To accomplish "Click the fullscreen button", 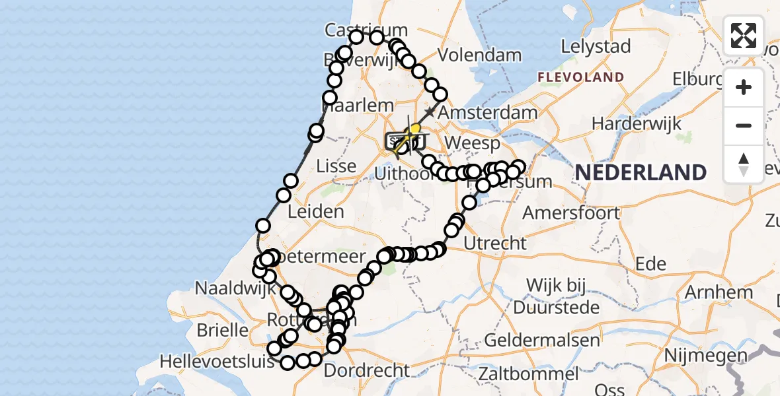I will pyautogui.click(x=744, y=36).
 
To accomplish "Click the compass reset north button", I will pyautogui.click(x=744, y=164).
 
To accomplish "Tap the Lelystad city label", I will pyautogui.click(x=596, y=47).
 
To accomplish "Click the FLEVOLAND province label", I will pyautogui.click(x=580, y=77).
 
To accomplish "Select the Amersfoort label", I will pyautogui.click(x=571, y=213).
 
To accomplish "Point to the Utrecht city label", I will pyautogui.click(x=495, y=243).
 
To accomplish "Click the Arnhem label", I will pyautogui.click(x=719, y=292).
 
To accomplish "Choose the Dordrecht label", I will pyautogui.click(x=367, y=370).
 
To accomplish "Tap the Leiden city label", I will pyautogui.click(x=315, y=212).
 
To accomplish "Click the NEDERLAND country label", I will pyautogui.click(x=641, y=173).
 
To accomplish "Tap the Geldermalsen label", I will pyautogui.click(x=542, y=341).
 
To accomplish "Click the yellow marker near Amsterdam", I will pyautogui.click(x=414, y=129).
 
